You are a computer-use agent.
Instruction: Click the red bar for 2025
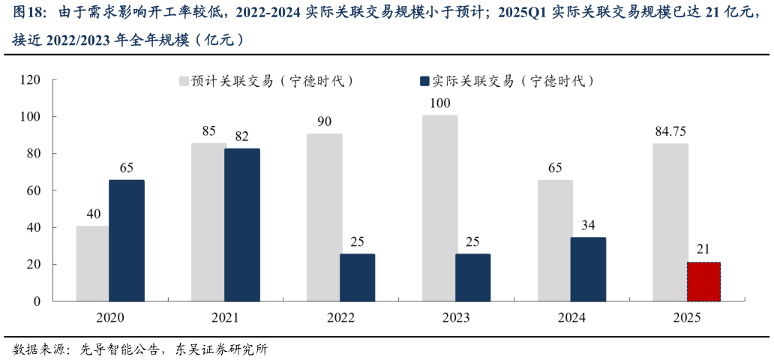point(703,281)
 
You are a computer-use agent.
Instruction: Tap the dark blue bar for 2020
point(127,240)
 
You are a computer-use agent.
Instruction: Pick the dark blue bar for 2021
point(241,224)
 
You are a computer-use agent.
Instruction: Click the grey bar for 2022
point(324,217)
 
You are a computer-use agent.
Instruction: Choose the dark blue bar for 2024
point(588,268)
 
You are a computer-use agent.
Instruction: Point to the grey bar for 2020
point(92,263)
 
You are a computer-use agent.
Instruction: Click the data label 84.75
point(670,132)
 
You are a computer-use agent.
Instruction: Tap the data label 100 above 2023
point(439,103)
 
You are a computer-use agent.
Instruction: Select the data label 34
point(588,226)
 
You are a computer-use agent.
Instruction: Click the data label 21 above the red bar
point(703,250)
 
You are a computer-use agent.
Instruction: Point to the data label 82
point(241,137)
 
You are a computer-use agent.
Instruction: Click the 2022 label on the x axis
point(340,317)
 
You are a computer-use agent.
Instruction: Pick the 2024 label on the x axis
point(571,317)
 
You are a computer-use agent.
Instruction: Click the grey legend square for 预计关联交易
point(183,80)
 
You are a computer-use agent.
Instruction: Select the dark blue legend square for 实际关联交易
point(424,80)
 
